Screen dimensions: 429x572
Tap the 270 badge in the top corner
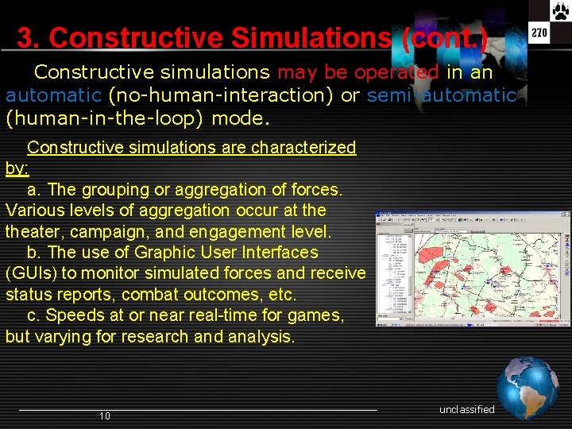tap(539, 33)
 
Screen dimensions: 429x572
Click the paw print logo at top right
tap(560, 10)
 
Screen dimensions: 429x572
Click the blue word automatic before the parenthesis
tap(53, 96)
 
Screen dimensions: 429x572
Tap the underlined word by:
tap(17, 168)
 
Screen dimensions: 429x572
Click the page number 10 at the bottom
tap(105, 416)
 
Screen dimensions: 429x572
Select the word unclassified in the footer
tap(466, 409)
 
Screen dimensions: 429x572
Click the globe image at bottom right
tap(528, 387)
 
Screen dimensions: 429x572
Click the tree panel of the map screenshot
tap(394, 266)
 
